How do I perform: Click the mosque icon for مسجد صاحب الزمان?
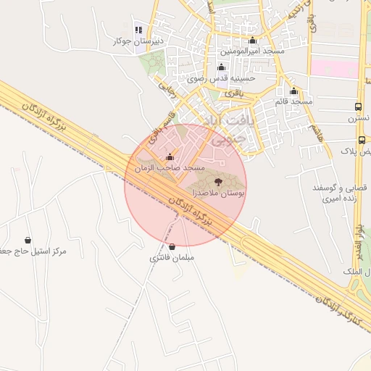coord(170,157)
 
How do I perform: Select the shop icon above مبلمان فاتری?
coord(172,246)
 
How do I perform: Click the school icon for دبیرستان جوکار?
coord(138,30)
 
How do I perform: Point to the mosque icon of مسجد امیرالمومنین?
coord(252,41)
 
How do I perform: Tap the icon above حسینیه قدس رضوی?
coord(221,67)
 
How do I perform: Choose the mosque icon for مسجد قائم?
coord(293,91)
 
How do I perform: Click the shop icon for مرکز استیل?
coord(28,240)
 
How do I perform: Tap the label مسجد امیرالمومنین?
coord(253,52)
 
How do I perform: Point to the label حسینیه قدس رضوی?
coord(220,79)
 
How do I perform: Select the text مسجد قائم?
coord(293,102)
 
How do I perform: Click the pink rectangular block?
coord(334,70)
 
